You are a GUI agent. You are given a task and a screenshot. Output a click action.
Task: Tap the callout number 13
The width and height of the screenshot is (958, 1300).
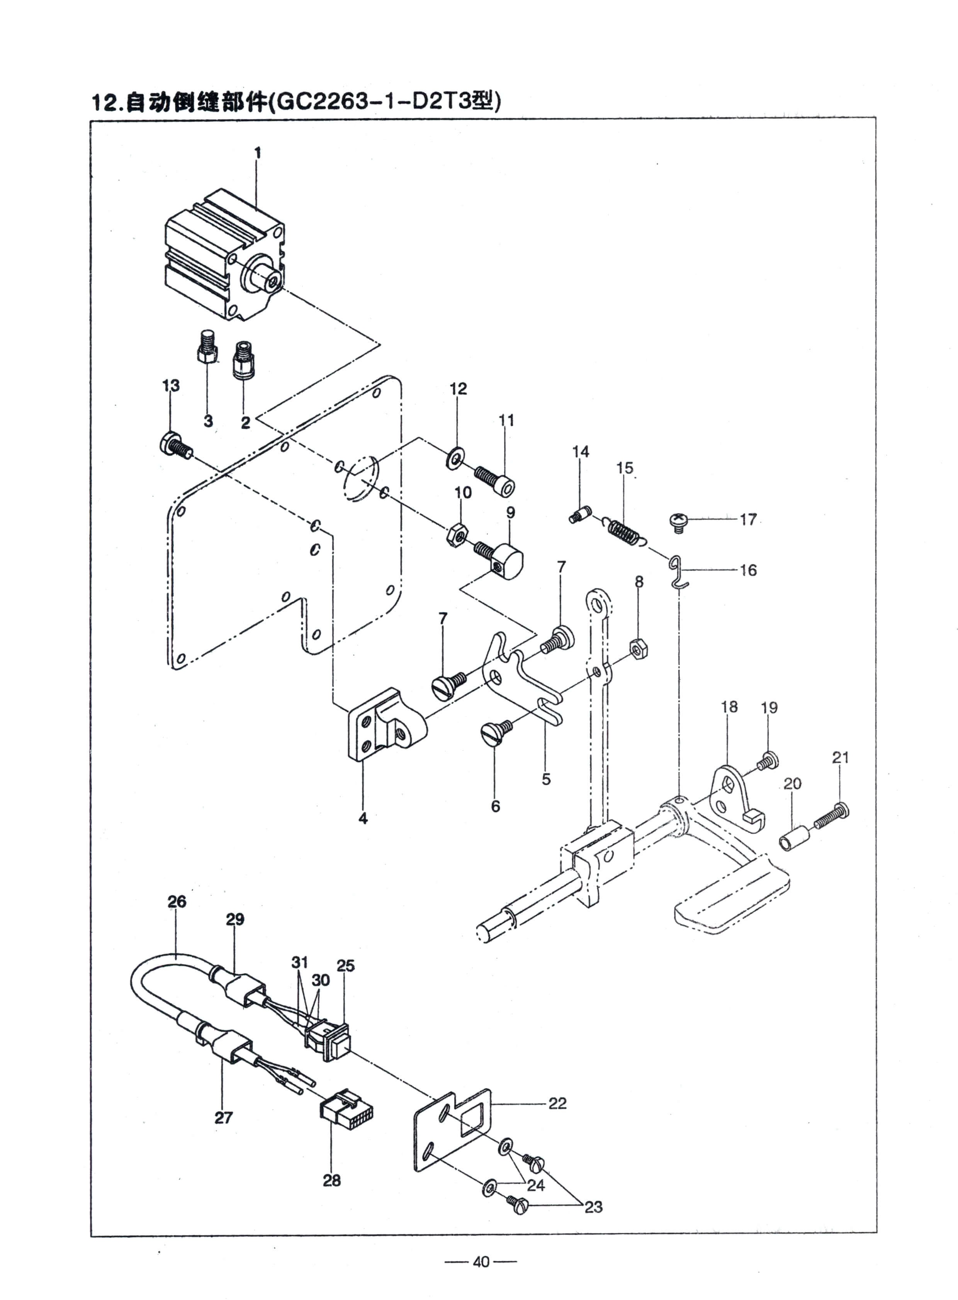(170, 385)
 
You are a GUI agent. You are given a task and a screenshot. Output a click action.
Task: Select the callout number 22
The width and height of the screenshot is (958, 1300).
(557, 1103)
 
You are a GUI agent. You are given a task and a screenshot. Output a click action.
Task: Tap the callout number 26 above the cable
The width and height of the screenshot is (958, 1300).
(177, 902)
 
